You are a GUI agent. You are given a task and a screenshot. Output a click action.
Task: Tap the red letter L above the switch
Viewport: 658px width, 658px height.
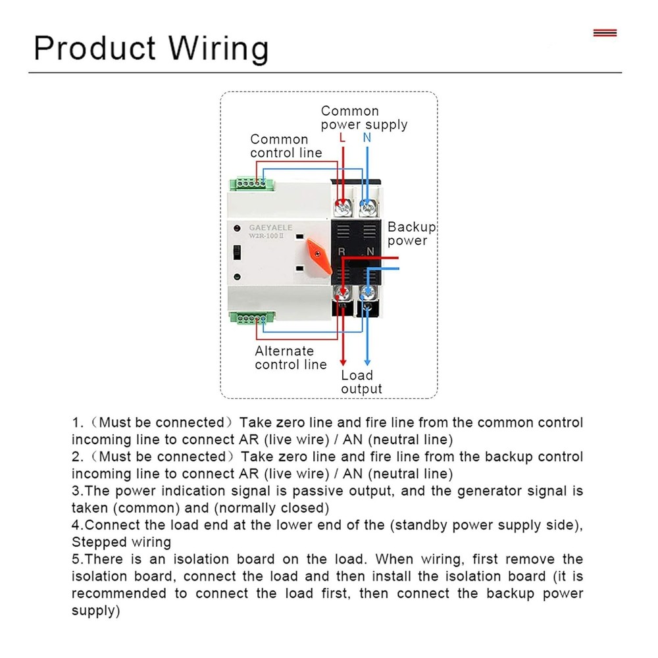(x=342, y=138)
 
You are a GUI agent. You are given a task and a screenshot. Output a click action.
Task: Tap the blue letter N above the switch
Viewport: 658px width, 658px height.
(x=367, y=138)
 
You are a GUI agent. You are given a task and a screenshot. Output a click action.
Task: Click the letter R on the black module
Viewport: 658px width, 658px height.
(x=342, y=251)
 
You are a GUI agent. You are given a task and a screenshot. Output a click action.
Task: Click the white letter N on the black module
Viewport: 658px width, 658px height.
(x=370, y=251)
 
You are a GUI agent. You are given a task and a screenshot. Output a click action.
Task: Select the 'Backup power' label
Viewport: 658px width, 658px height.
(x=411, y=234)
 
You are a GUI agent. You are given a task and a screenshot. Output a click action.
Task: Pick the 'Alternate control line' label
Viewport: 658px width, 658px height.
(x=290, y=358)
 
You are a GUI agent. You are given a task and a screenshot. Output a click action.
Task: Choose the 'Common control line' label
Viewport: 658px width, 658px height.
(x=286, y=146)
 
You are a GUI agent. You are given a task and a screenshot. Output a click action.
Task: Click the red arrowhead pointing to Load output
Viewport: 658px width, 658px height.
(x=343, y=362)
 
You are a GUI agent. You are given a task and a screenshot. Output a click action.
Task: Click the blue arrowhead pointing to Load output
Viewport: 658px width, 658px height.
(x=367, y=362)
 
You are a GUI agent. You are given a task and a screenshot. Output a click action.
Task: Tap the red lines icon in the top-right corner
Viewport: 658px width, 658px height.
(x=605, y=32)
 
